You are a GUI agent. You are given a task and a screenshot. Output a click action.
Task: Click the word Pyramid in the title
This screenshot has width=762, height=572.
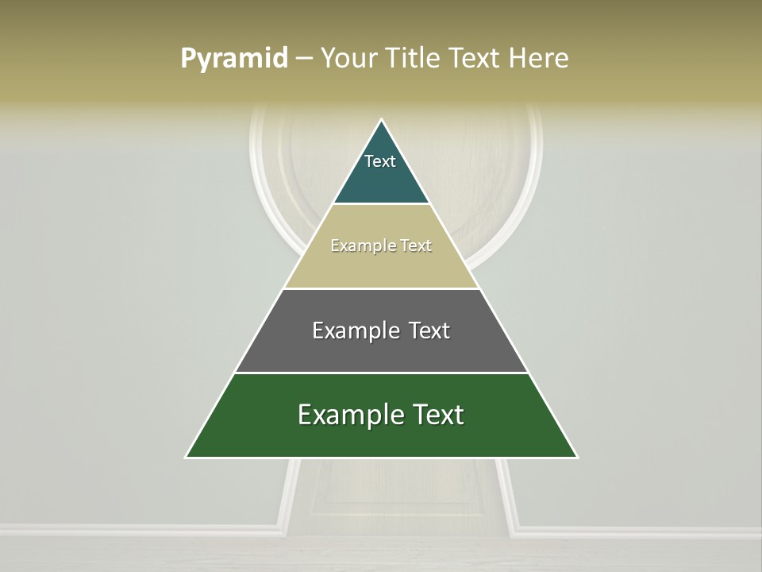[x=233, y=59]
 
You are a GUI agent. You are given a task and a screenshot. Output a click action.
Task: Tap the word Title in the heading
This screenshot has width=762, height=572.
[x=412, y=58]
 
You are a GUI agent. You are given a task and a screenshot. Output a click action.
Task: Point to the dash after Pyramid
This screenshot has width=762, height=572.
[x=304, y=59]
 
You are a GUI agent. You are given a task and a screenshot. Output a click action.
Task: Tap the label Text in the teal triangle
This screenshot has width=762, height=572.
[x=380, y=161]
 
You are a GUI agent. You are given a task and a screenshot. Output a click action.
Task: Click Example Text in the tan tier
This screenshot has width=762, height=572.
[x=381, y=245]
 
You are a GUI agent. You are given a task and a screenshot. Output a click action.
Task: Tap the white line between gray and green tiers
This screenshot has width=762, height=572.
[x=381, y=373]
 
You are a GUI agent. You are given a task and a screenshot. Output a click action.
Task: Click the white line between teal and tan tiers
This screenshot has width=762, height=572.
[x=381, y=204]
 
